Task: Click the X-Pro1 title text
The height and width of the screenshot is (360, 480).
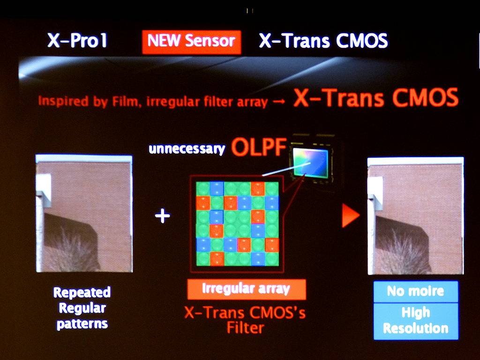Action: [77, 40]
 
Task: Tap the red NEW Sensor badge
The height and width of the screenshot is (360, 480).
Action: [192, 42]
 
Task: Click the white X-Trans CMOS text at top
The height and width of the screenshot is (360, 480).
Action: [323, 40]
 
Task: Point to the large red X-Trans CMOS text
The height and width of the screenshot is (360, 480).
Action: [376, 97]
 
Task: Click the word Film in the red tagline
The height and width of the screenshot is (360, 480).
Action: [126, 101]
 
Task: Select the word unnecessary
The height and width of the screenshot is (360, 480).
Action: [187, 149]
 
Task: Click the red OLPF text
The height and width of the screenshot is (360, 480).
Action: [259, 147]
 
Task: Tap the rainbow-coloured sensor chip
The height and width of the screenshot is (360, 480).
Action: [310, 163]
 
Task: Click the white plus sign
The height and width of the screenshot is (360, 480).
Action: [162, 216]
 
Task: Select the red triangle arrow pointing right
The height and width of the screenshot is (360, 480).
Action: [350, 216]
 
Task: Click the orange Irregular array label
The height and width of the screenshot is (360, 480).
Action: [247, 289]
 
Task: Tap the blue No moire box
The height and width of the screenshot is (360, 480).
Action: [416, 292]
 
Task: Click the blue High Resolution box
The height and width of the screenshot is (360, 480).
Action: [416, 321]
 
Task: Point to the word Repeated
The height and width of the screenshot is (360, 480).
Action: [82, 292]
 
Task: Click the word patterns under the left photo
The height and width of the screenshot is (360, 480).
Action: [82, 324]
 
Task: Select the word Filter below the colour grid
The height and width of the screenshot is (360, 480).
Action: [246, 328]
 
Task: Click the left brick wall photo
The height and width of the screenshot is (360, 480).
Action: [84, 213]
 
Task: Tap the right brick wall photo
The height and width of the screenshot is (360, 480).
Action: [415, 216]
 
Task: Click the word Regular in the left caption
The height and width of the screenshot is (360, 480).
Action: [82, 308]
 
